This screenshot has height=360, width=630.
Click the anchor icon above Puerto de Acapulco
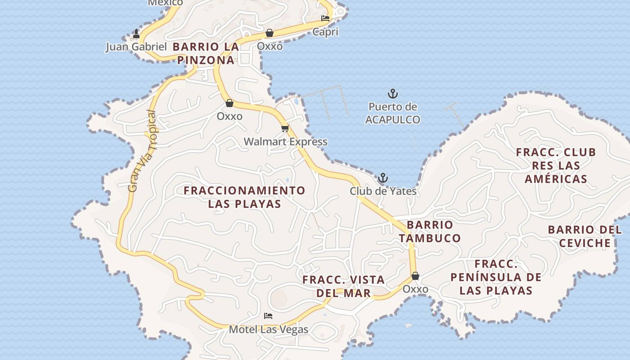coord(393,94)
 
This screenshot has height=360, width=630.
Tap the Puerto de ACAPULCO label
coord(393,113)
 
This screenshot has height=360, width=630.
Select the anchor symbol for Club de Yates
coord(383,178)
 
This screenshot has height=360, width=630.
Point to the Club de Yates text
coord(383,191)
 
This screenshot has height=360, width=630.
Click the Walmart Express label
coord(286,142)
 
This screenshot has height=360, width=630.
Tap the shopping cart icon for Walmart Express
coord(285,129)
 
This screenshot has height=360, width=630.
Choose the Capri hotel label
coord(325,32)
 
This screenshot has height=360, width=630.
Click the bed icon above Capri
coord(325,18)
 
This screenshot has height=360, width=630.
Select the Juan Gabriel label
coord(136,47)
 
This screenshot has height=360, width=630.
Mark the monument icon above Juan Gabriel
coord(136,34)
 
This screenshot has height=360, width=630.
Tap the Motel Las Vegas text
coord(269,329)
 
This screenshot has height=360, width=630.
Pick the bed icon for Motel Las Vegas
coord(268,316)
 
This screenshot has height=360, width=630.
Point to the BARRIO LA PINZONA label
coord(206,53)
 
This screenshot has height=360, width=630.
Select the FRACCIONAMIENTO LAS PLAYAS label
coord(244,197)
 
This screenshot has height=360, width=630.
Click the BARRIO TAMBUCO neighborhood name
coord(430,231)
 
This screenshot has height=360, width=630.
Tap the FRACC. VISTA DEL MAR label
coord(343,286)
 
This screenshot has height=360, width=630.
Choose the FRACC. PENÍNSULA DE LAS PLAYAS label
coord(496,277)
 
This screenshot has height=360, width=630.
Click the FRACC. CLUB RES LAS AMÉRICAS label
coord(556,166)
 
